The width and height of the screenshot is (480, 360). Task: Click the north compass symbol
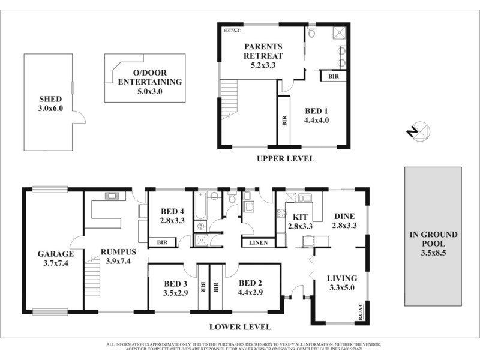419,131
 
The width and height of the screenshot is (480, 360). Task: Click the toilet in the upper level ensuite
311,32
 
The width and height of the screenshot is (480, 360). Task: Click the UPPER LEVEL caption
285,159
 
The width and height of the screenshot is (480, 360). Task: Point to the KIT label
300,217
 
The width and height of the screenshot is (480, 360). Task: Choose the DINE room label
344,217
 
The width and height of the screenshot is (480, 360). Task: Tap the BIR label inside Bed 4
161,242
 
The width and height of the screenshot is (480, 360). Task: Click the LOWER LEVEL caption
239,328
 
